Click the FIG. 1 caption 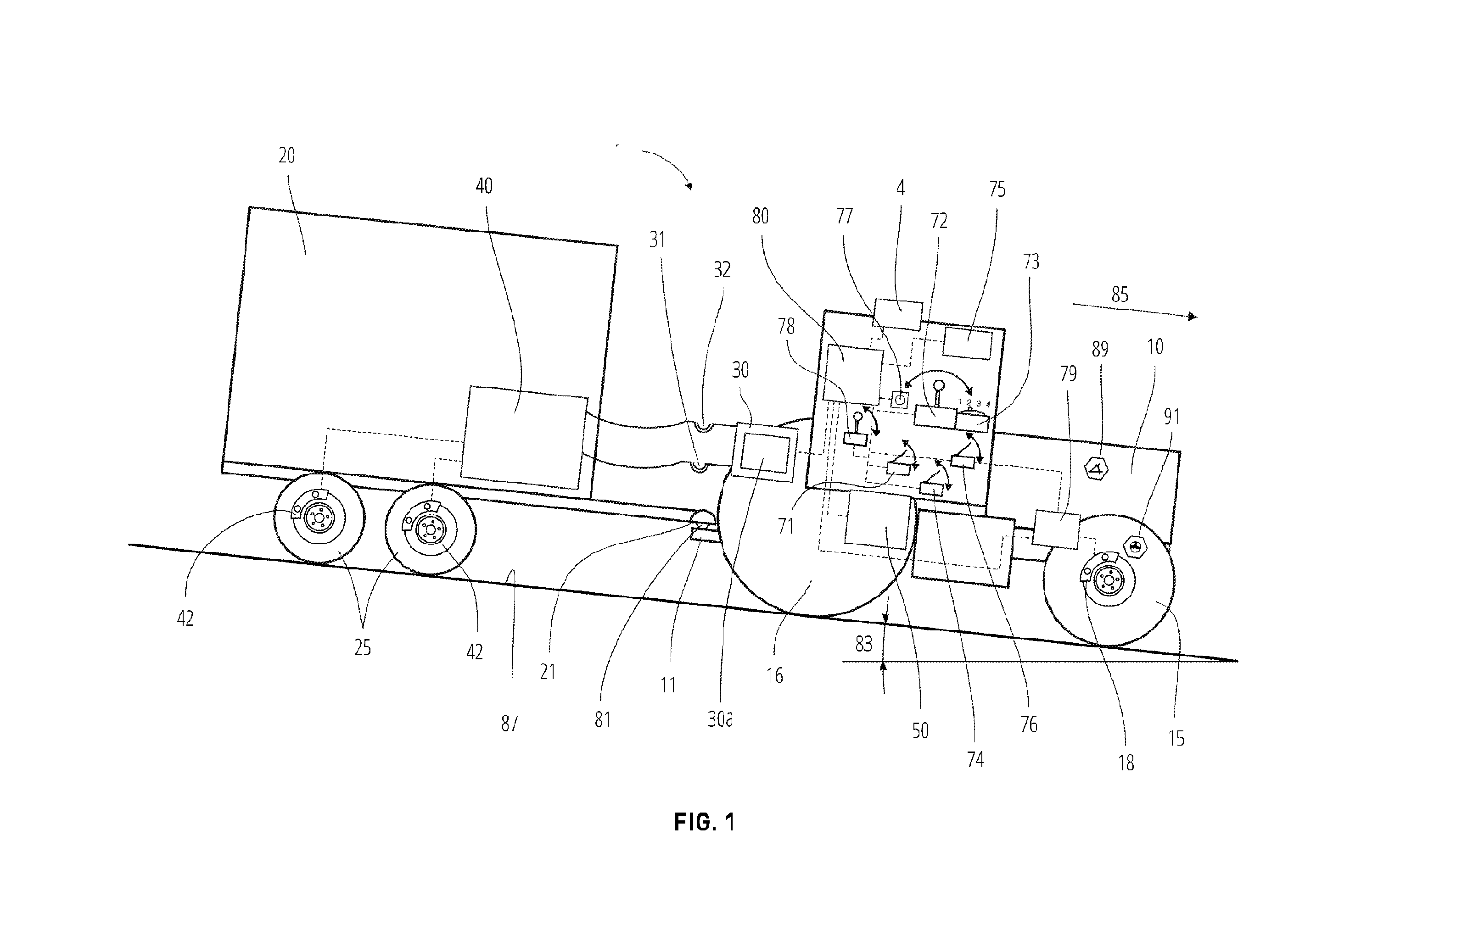coord(704,822)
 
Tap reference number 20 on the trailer coord(286,156)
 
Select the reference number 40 coord(484,186)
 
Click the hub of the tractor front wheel coord(1109,579)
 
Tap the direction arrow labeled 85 coord(1135,311)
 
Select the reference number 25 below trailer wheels coord(362,647)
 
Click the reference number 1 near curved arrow coord(618,152)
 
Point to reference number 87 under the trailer coord(509,724)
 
